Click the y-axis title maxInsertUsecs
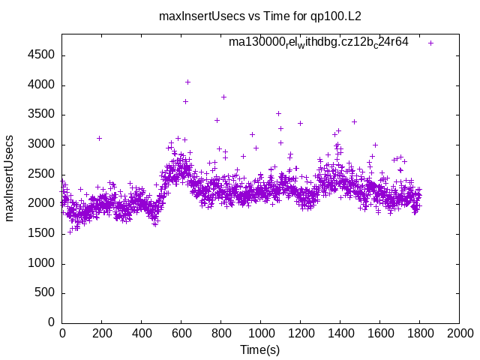[x=10, y=178]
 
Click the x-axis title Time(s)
[x=259, y=349]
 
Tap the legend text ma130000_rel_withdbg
[x=319, y=42]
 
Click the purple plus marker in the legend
[x=430, y=43]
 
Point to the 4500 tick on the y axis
[x=40, y=55]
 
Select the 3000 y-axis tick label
[x=40, y=145]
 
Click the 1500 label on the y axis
[x=40, y=234]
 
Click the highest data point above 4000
[x=187, y=82]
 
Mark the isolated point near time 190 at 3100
[x=99, y=138]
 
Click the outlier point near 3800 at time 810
[x=223, y=97]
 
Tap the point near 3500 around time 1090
[x=278, y=113]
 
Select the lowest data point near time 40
[x=70, y=231]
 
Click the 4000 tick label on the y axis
[x=40, y=85]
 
